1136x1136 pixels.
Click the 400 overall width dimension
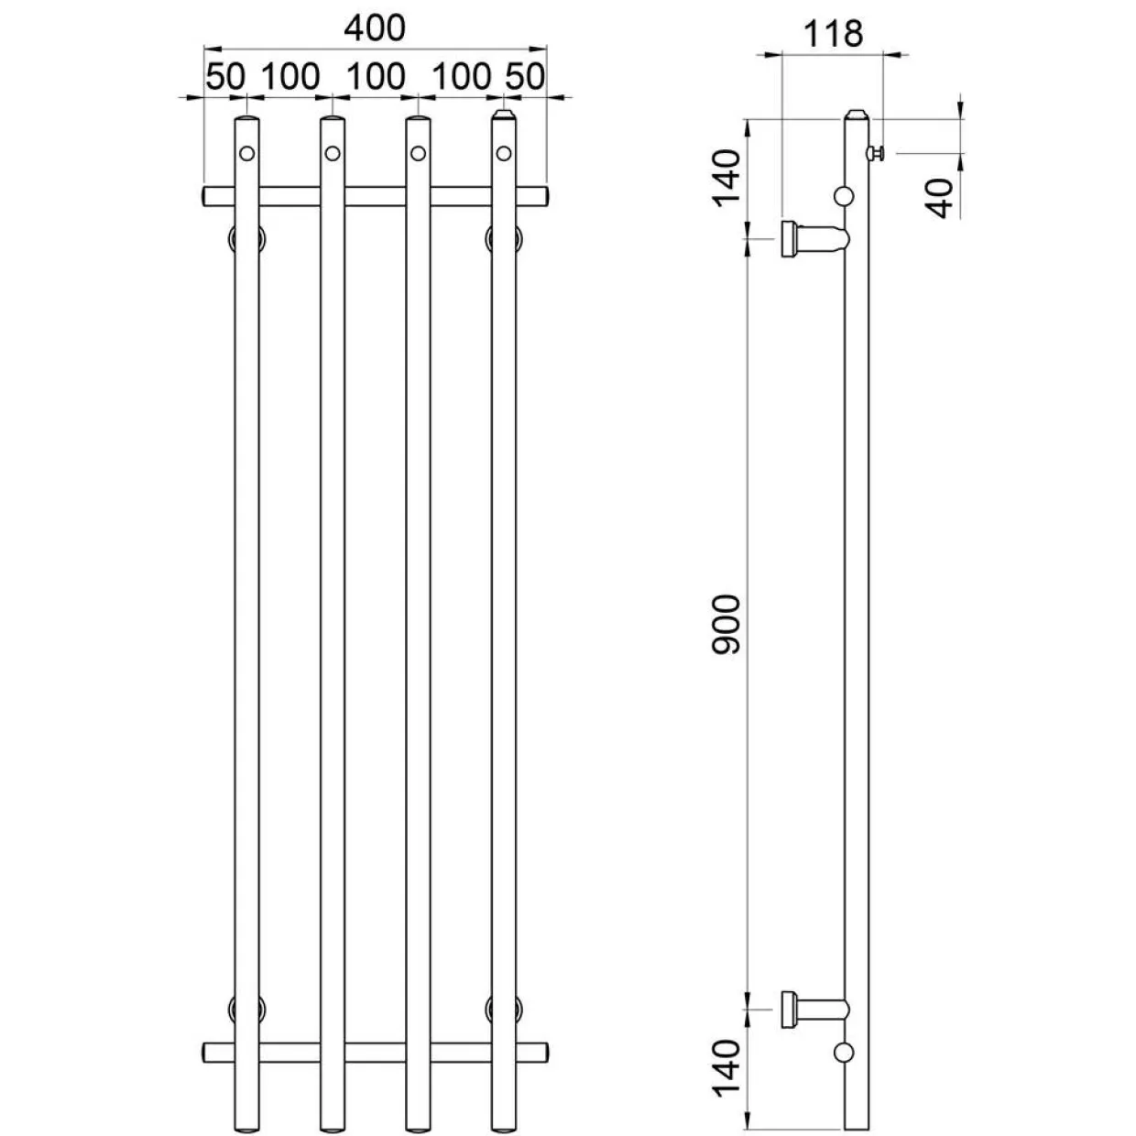pos(375,27)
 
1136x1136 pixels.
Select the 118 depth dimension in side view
pos(833,34)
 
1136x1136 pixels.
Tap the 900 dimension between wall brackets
pos(726,624)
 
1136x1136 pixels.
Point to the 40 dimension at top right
pos(938,198)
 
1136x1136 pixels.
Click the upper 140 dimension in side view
pos(726,178)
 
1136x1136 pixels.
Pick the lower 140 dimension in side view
pos(726,1067)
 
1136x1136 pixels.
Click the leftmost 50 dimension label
pos(225,77)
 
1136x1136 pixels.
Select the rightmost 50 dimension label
pos(525,77)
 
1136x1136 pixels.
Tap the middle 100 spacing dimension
pos(376,77)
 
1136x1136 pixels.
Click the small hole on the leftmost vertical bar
pos(247,154)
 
